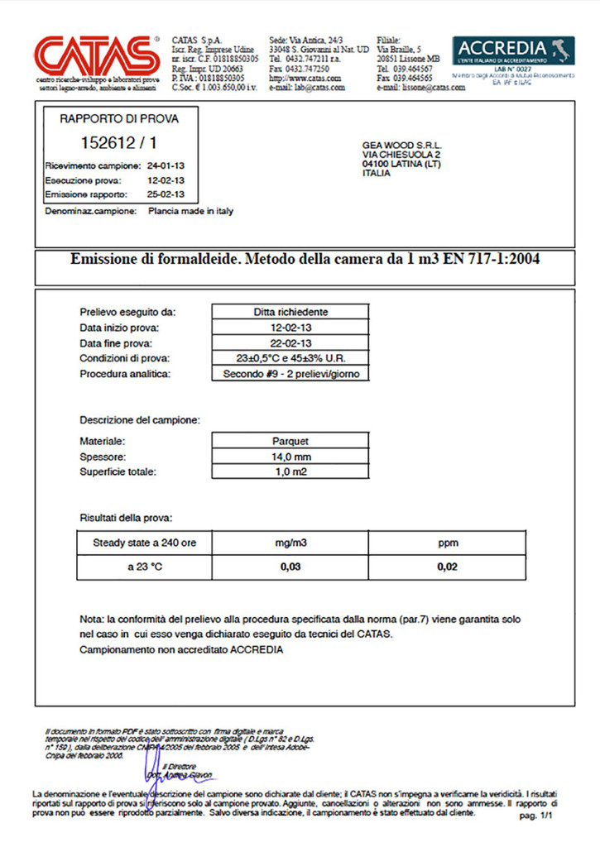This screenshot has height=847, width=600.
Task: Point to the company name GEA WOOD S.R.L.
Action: (401, 145)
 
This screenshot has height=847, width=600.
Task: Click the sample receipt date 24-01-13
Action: (166, 165)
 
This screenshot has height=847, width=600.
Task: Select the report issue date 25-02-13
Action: (166, 194)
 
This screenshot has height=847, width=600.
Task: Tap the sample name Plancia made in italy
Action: (190, 211)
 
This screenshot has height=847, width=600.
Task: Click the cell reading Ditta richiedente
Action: (290, 312)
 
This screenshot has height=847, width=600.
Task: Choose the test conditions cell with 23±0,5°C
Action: (290, 358)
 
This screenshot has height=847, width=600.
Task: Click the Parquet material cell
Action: (290, 441)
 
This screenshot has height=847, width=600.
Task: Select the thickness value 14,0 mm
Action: (290, 457)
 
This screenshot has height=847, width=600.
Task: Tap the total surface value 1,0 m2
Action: (290, 472)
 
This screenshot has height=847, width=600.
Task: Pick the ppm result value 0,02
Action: (448, 567)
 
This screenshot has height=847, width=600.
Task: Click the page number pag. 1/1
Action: (535, 816)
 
